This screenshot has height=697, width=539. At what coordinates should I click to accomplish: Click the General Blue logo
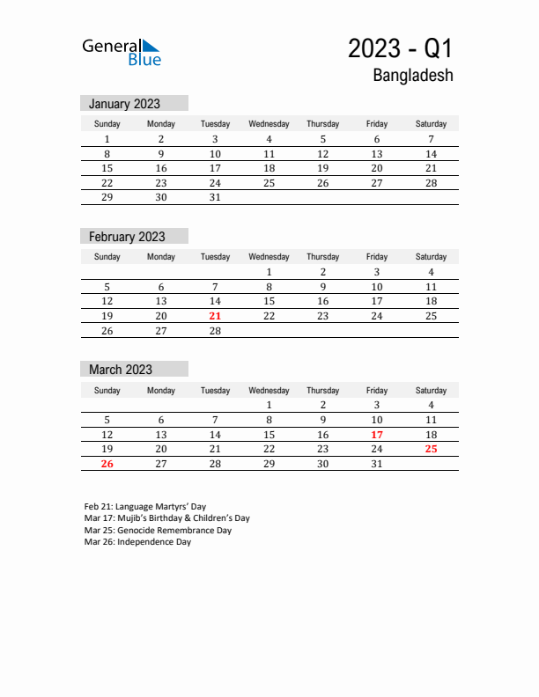click(122, 52)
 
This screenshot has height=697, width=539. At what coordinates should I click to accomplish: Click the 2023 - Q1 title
click(400, 48)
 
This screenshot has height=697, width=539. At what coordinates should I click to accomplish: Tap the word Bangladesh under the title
click(412, 76)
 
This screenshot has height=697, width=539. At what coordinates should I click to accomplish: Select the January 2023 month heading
click(124, 104)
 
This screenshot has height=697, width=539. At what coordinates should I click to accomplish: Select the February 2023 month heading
click(127, 237)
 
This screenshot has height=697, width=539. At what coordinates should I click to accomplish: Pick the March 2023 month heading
click(121, 370)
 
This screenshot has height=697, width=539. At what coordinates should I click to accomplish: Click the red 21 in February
click(215, 316)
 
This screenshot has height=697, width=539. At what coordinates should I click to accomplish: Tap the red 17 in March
click(377, 435)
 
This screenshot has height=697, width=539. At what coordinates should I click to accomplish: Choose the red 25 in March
click(431, 449)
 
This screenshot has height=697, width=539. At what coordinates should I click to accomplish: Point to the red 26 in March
click(107, 464)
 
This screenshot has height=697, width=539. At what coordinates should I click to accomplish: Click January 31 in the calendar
click(215, 198)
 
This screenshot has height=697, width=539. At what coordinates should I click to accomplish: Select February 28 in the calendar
click(215, 331)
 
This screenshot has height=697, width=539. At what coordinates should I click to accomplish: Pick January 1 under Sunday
click(107, 139)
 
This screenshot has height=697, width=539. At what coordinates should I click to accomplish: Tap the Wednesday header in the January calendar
click(269, 124)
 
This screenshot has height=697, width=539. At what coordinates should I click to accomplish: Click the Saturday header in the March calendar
click(431, 390)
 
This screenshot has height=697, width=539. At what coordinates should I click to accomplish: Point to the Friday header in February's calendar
click(377, 257)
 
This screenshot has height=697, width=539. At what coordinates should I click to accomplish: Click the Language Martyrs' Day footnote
click(145, 507)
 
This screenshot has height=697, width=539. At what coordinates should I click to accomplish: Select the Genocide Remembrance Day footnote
click(158, 531)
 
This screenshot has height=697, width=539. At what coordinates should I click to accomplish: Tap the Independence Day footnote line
click(137, 542)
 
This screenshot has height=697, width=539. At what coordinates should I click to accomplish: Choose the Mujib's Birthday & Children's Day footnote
click(167, 518)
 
